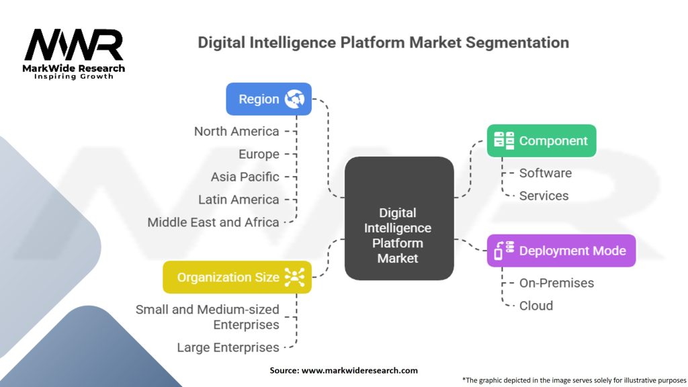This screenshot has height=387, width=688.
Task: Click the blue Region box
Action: [x=269, y=99]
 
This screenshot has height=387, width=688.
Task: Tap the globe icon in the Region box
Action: [x=294, y=99]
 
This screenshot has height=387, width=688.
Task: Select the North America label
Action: [x=236, y=131]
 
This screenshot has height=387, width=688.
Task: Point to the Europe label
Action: [x=259, y=154]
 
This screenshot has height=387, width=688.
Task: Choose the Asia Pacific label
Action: [x=245, y=177]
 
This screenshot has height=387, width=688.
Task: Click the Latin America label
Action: [x=239, y=200]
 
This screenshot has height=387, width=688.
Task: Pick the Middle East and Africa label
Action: [x=213, y=222]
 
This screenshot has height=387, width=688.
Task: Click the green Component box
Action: [x=542, y=141]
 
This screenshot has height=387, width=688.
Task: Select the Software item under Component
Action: [x=546, y=173]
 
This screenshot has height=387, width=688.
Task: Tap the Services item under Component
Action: [x=544, y=196]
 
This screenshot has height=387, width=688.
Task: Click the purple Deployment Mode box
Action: [x=561, y=251]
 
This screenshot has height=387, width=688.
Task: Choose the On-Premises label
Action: [x=556, y=283]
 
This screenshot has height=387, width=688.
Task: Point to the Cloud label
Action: [x=535, y=306]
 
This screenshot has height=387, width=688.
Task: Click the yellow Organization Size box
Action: [x=237, y=277]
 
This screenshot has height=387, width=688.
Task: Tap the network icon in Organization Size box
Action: [x=294, y=277]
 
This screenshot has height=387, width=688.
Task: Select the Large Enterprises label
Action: [x=228, y=347]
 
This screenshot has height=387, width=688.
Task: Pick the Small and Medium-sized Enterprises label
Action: [x=208, y=317]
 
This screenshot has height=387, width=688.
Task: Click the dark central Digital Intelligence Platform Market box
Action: [x=399, y=218]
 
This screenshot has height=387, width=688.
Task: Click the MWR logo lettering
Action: [x=74, y=44]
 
